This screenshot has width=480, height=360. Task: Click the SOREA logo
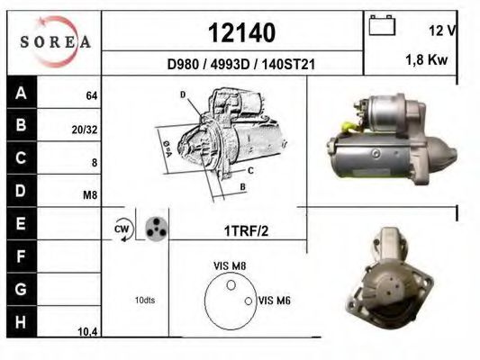pos(55,41)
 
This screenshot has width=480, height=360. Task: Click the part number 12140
pos(241,32)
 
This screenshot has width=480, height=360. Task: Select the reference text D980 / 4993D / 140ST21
pos(241,64)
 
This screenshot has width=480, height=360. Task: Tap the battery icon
pos(382,25)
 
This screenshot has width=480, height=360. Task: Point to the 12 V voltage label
pos(442,31)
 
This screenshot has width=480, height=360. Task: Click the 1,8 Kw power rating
pos(427,59)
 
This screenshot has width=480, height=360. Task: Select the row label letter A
pos(21,93)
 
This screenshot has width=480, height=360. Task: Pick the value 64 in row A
pos(92,95)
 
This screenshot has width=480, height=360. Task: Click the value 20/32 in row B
pos(85,130)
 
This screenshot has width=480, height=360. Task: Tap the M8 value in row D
pos(90,194)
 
